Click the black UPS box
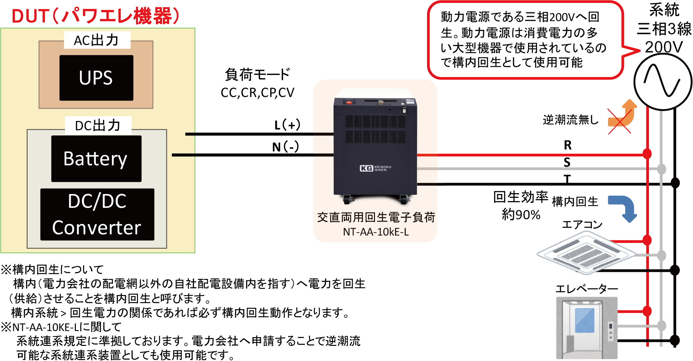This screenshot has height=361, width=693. [96, 78]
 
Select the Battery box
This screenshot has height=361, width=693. [96, 159]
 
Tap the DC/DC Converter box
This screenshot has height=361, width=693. [97, 214]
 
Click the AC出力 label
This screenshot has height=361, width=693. [97, 40]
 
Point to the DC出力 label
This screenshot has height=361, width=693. [98, 125]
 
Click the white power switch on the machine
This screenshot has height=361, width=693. [404, 111]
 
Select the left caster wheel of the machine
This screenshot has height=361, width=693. [347, 200]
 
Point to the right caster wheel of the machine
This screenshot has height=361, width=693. [404, 200]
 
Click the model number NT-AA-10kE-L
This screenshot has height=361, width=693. [376, 232]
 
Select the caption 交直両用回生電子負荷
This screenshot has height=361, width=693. [376, 218]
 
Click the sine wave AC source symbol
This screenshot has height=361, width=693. [662, 82]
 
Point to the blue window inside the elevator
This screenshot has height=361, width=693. [585, 320]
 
